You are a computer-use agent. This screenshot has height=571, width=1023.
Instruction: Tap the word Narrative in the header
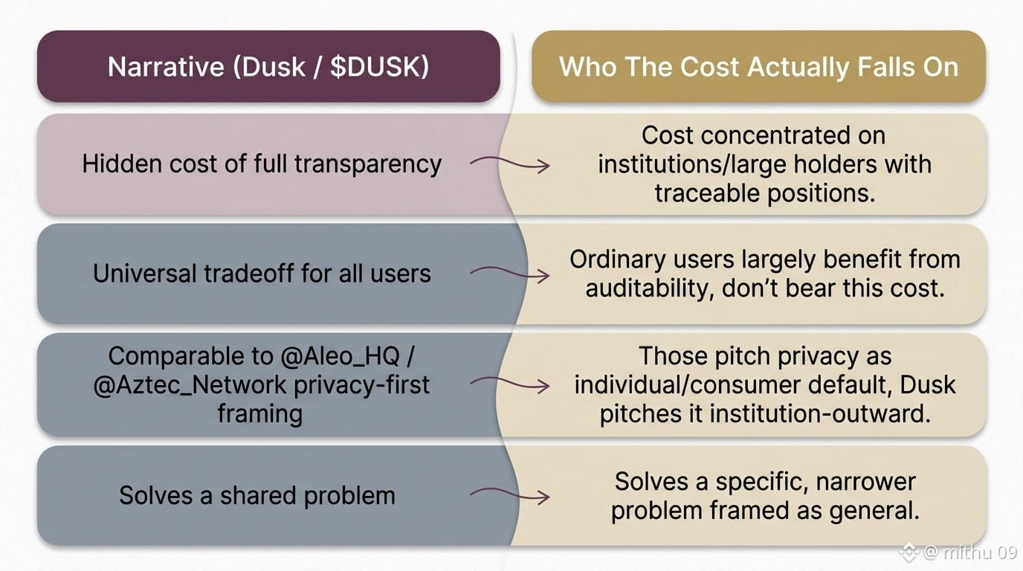167,67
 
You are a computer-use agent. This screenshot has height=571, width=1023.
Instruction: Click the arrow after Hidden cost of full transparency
510,164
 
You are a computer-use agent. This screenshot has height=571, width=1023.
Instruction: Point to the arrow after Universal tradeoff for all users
510,274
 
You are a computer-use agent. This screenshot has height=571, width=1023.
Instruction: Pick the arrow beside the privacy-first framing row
510,384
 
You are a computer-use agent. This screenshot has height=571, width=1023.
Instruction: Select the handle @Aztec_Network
190,385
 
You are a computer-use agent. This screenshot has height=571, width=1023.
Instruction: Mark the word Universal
144,274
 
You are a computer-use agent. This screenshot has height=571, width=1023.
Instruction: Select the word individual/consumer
687,385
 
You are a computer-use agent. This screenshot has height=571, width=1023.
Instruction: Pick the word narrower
865,482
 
